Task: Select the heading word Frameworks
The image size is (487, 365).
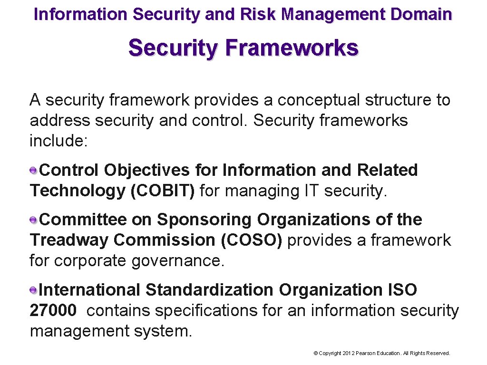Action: (292, 48)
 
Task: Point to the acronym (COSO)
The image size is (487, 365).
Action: (252, 240)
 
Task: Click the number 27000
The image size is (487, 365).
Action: (53, 310)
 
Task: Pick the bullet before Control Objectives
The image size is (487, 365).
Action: (34, 170)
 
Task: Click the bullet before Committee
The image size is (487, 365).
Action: (34, 219)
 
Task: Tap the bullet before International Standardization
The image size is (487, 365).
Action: (34, 289)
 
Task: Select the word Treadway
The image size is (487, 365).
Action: (69, 240)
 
